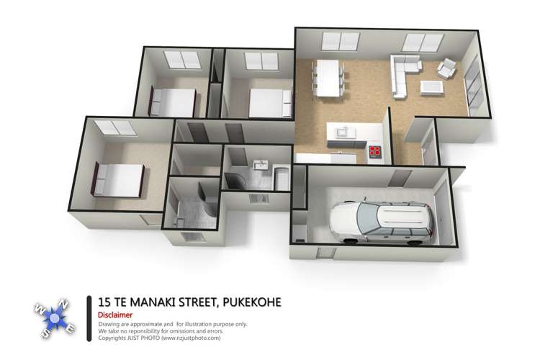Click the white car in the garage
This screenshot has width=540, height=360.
(x=381, y=222)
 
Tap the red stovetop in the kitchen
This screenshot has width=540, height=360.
(x=374, y=151)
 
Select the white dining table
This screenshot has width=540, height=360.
(x=328, y=78)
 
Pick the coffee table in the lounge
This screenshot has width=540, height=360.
(x=431, y=88)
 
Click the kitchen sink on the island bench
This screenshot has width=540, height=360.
(x=346, y=132)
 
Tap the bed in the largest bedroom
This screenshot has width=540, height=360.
(x=118, y=180)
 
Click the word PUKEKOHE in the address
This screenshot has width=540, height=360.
(x=252, y=302)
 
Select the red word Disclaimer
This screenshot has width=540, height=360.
(x=115, y=315)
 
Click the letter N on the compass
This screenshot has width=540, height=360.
(x=63, y=305)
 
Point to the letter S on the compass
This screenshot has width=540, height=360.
(x=46, y=333)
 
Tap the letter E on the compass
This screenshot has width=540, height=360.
(x=69, y=328)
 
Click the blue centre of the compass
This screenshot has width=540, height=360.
(x=55, y=319)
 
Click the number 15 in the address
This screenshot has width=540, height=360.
(x=104, y=302)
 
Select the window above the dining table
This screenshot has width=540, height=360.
(x=341, y=41)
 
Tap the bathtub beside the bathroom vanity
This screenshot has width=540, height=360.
(x=282, y=178)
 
